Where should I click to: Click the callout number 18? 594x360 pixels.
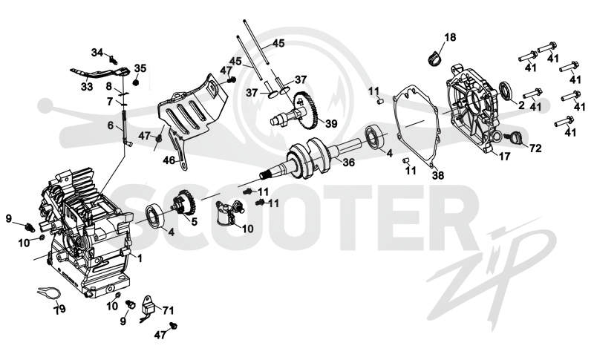pyautogui.click(x=451, y=37)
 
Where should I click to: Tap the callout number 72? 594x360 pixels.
pyautogui.click(x=535, y=148)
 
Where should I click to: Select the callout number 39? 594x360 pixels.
pyautogui.click(x=330, y=124)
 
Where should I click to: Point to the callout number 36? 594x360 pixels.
pyautogui.click(x=349, y=163)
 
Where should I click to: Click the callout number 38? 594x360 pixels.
pyautogui.click(x=438, y=176)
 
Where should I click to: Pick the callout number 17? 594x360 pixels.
pyautogui.click(x=505, y=156)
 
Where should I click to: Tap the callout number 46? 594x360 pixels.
pyautogui.click(x=169, y=160)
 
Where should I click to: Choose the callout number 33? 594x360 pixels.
pyautogui.click(x=87, y=87)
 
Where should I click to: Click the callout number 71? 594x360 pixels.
pyautogui.click(x=168, y=311)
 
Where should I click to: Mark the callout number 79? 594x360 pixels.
pyautogui.click(x=59, y=310)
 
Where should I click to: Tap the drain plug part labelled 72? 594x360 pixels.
pyautogui.click(x=515, y=137)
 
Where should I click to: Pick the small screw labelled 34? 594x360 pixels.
pyautogui.click(x=113, y=59)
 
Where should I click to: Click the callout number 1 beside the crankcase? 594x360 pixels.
pyautogui.click(x=140, y=258)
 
